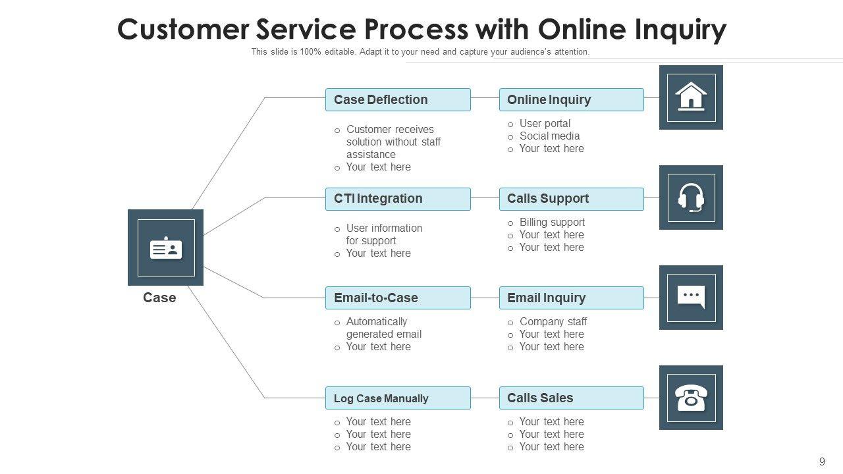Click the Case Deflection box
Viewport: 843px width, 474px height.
(398, 99)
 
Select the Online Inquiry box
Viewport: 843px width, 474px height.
(571, 99)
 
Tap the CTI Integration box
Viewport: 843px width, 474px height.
(398, 199)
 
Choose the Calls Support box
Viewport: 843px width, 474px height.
(571, 199)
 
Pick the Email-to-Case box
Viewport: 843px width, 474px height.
(398, 298)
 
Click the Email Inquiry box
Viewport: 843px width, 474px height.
(571, 298)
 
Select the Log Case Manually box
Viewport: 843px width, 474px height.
(398, 398)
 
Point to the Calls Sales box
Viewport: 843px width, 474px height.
(571, 398)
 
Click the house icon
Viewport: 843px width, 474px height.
(691, 97)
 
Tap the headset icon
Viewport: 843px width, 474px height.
(691, 197)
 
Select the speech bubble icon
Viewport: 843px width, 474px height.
(691, 297)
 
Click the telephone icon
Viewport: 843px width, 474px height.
(691, 398)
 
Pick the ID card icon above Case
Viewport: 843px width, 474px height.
(166, 248)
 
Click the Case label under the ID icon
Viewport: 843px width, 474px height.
(159, 298)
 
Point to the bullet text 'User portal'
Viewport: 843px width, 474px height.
(545, 123)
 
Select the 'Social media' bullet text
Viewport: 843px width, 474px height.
(549, 136)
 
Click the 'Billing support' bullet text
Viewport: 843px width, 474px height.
(552, 222)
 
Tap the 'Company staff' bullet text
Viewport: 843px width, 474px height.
(553, 321)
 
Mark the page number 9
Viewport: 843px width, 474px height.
(822, 461)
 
